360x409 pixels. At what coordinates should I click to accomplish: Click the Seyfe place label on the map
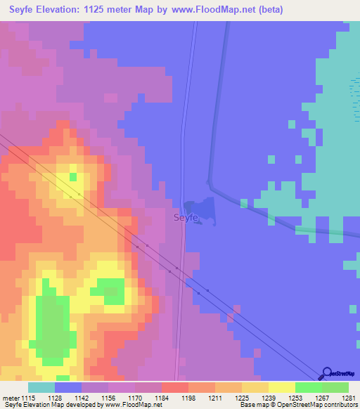[x=186, y=218]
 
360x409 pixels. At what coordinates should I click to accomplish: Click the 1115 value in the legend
[x=29, y=398]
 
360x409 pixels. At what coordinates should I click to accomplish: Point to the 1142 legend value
[x=82, y=398]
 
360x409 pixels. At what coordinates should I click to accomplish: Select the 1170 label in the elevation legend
[x=135, y=398]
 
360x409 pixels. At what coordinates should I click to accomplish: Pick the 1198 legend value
[x=188, y=398]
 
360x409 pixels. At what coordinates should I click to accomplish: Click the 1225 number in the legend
[x=241, y=398]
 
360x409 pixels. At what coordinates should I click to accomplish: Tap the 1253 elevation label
[x=295, y=398]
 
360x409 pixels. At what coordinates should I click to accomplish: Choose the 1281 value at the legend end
[x=348, y=398]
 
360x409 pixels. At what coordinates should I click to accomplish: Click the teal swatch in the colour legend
[x=41, y=387]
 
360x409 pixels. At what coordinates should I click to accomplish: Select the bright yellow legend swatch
[x=281, y=387]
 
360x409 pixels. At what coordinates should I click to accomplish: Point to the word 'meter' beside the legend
[x=11, y=398]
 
